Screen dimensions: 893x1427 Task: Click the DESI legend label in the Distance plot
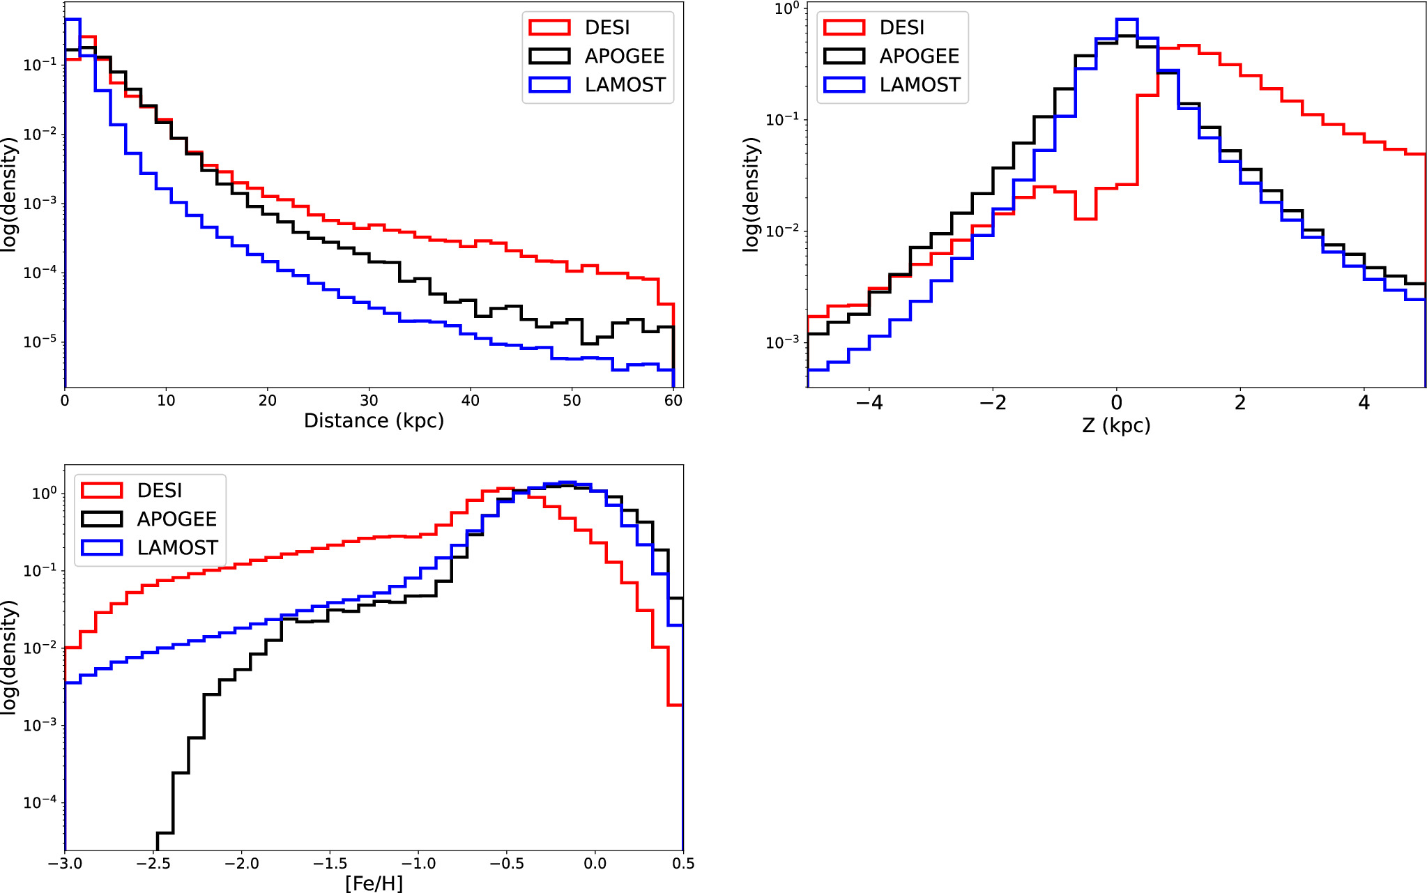606,28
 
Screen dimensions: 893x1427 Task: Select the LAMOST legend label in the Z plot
919,85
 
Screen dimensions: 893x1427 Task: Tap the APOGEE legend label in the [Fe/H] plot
176,519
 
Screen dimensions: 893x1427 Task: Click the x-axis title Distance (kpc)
374,421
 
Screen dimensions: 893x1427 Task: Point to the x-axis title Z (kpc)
1115,425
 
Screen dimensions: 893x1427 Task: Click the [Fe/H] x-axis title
374,883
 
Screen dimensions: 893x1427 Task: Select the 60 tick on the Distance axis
673,401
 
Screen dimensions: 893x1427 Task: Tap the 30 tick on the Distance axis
369,401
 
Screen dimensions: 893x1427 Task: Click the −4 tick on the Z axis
869,403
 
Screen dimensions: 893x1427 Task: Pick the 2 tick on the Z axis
1239,403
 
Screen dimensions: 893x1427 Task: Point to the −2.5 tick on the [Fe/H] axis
153,864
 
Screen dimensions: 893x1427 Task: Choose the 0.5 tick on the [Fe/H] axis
683,864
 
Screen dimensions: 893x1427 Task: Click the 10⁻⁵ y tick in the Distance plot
39,342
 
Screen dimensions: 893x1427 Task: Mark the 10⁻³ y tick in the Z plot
781,343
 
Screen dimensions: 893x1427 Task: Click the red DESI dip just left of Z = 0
1085,218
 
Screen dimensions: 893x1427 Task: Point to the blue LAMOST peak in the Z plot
1127,20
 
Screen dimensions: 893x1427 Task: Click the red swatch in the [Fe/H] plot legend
102,491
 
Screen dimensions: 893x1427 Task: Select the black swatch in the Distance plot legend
549,56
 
